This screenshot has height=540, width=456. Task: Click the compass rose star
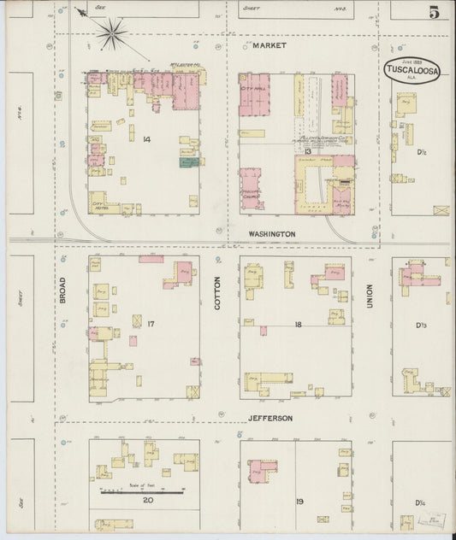113,35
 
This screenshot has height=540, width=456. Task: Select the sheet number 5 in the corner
435,12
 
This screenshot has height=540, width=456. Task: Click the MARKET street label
269,44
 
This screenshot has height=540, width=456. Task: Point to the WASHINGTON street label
272,233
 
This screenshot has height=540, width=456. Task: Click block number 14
146,138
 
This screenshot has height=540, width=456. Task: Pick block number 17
150,324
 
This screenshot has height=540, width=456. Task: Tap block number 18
299,325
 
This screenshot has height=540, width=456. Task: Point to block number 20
148,500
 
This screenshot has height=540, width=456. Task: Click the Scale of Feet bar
142,490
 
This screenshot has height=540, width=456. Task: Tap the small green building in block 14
186,161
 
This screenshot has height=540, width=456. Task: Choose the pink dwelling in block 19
261,470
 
